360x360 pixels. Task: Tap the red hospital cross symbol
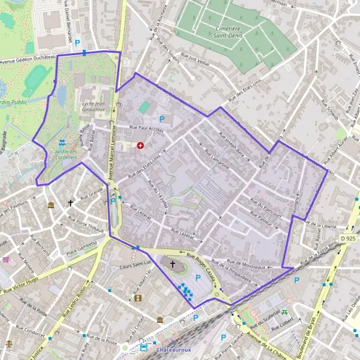(140, 145)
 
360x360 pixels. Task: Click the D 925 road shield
(347, 238)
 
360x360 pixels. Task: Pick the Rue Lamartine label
(216, 160)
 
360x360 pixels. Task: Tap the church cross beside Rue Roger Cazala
(173, 263)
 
